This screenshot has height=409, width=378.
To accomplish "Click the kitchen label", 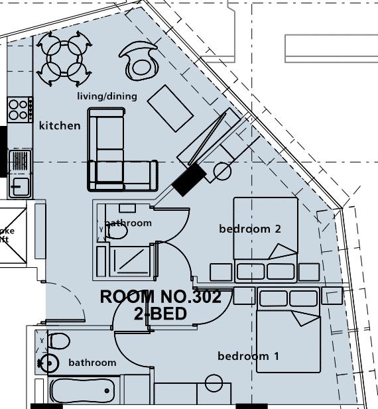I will coord(60,125).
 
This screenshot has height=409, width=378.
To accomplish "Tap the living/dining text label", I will coord(107,96).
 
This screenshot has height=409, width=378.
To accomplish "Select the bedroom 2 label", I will coord(250,229).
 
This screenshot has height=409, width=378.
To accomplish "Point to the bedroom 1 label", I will coord(248,357).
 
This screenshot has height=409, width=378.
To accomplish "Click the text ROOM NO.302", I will coord(165,296).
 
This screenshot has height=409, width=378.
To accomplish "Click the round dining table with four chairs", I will coord(64,59).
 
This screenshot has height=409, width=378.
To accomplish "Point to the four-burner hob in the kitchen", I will coord(19,109).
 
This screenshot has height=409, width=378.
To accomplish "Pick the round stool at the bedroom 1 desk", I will coord(214,382).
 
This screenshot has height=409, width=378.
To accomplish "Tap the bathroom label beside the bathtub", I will coord(92,363).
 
